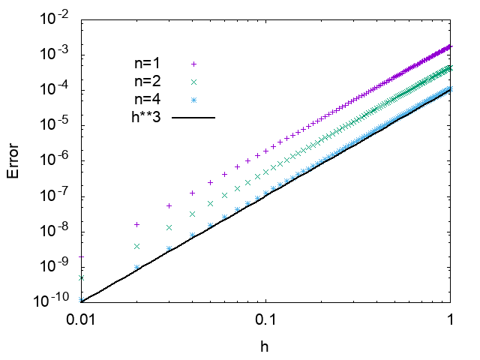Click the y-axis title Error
click(13, 160)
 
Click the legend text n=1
click(146, 64)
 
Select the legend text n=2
click(146, 81)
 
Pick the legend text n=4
click(146, 99)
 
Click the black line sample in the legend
click(193, 117)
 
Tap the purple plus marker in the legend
click(193, 64)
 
